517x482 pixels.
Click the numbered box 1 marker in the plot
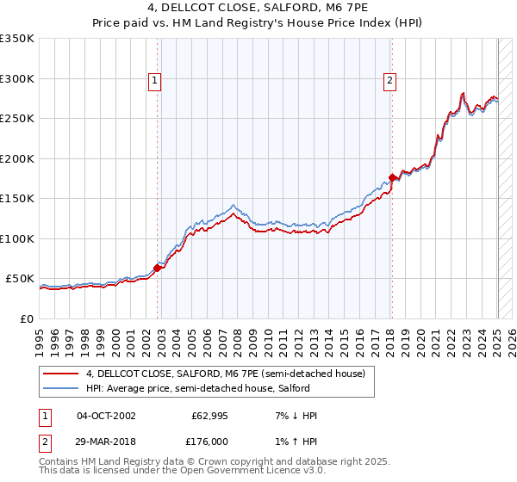(x=154, y=81)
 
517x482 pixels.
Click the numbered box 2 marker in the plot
(x=389, y=81)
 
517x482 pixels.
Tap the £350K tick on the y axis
(x=17, y=39)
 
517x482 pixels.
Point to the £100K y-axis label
(x=17, y=238)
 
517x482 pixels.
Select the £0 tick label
(x=26, y=318)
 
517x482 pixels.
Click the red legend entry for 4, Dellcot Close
(x=226, y=374)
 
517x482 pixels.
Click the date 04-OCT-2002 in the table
(x=106, y=416)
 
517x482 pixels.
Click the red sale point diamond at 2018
(x=392, y=177)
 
